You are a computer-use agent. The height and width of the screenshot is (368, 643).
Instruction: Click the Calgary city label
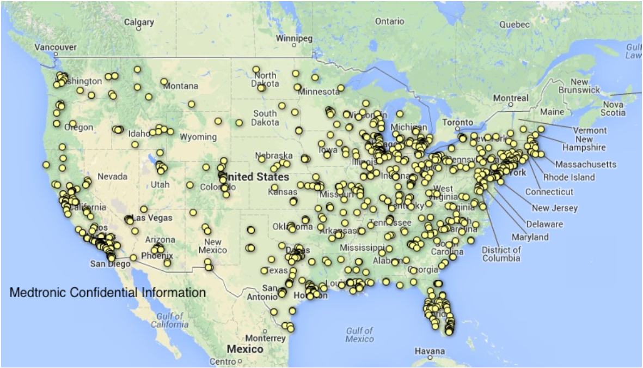point(139,22)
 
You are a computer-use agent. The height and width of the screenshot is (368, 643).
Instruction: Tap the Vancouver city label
point(56,47)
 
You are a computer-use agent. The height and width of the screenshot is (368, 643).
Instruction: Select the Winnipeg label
point(295,39)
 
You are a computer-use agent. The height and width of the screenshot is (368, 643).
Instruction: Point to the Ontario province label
point(389,21)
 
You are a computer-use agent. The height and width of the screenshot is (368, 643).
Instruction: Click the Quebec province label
point(514,25)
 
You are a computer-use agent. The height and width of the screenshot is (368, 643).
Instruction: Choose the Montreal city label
point(510,98)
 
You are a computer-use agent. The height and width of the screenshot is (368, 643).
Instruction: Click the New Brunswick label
point(579,86)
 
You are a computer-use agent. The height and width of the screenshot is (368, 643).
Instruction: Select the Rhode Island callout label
point(568,177)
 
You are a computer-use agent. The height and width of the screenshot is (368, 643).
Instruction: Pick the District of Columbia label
point(501,254)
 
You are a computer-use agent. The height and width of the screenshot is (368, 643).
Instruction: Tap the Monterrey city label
point(266,338)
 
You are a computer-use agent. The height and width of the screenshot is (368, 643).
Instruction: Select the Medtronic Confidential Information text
point(108,293)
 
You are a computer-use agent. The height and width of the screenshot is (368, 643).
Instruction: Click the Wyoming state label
point(198,137)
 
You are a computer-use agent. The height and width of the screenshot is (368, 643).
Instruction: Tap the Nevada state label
point(112,177)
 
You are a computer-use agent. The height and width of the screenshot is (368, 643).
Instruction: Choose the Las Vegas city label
point(152,218)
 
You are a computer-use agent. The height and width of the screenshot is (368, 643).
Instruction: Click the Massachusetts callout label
point(586,164)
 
